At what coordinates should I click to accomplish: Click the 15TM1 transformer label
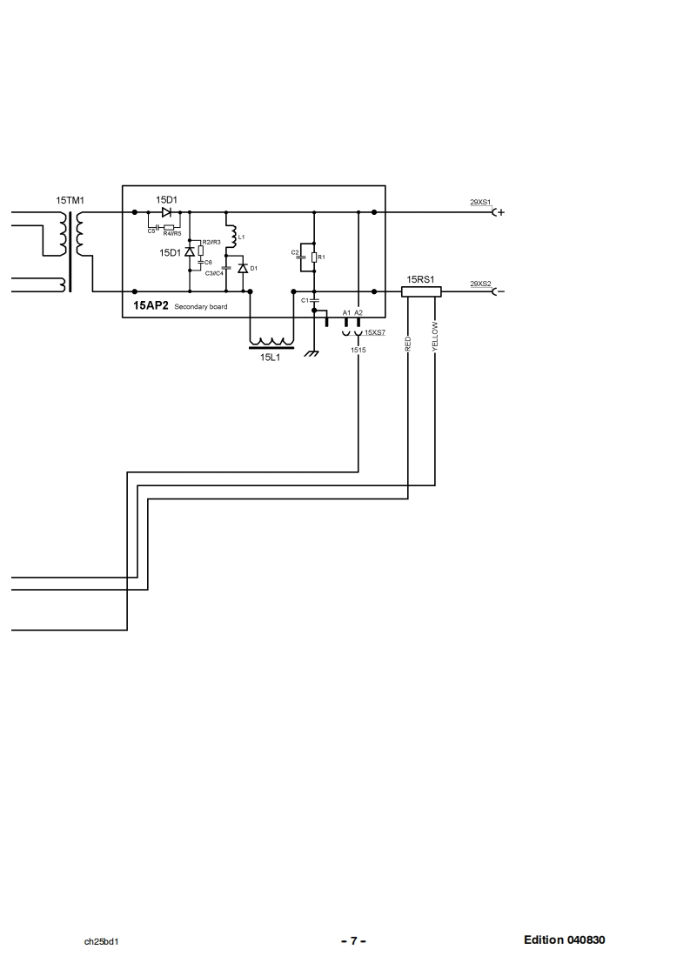coord(70,200)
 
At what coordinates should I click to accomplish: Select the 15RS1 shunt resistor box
coord(421,292)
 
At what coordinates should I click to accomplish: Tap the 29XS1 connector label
coord(480,202)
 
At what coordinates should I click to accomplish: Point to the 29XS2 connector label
coord(480,284)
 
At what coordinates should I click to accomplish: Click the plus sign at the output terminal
coord(501,212)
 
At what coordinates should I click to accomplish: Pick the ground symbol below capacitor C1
coord(312,351)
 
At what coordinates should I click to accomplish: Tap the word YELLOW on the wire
coord(435,336)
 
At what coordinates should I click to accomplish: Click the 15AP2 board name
coord(151,306)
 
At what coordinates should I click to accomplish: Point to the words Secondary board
coord(200,307)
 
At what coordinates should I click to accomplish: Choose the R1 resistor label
coord(321,257)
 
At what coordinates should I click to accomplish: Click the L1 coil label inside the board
coord(241,237)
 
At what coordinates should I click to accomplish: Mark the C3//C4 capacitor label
coord(214,273)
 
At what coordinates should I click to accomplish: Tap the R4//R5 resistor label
coord(171,233)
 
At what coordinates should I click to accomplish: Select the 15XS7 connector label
coord(375,332)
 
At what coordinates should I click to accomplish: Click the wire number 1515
coord(358,349)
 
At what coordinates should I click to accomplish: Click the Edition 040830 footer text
coord(564,939)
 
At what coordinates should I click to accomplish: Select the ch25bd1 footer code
coord(101,941)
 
